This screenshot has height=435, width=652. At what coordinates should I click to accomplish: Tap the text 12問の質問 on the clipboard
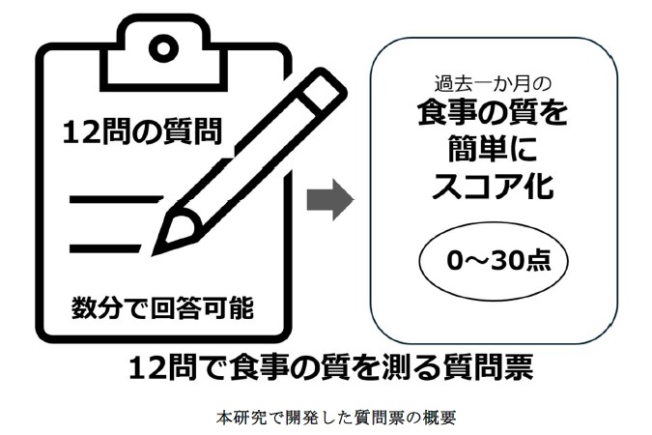click(x=141, y=133)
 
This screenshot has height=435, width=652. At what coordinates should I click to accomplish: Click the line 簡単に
click(x=492, y=151)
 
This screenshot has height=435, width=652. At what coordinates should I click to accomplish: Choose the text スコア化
click(x=492, y=187)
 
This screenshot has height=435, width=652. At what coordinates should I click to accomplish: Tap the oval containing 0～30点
click(x=492, y=261)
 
